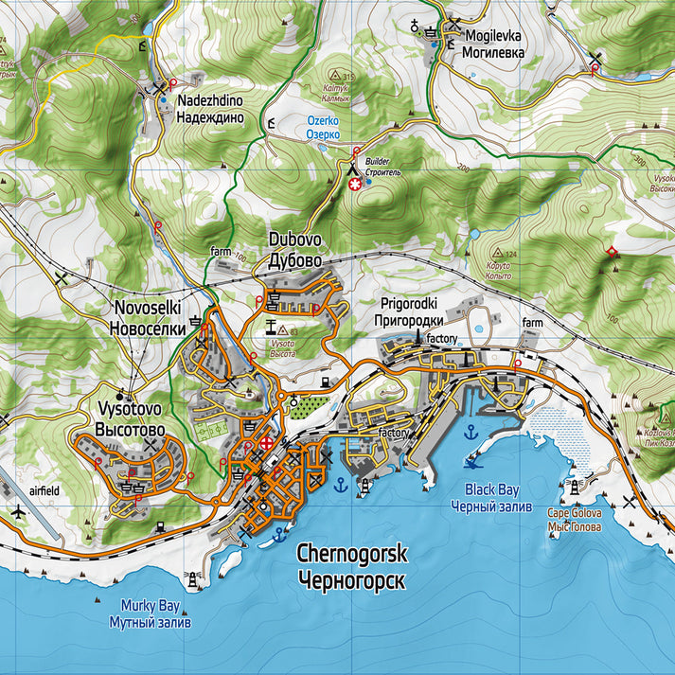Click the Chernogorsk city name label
point(350,565)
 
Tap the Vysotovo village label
point(130,419)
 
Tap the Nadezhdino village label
point(210,110)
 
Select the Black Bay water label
point(492,498)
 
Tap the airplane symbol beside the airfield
point(16,512)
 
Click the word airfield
point(44,491)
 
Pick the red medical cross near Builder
point(356,187)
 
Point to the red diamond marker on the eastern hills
point(612,251)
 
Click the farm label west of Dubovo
point(222,252)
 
